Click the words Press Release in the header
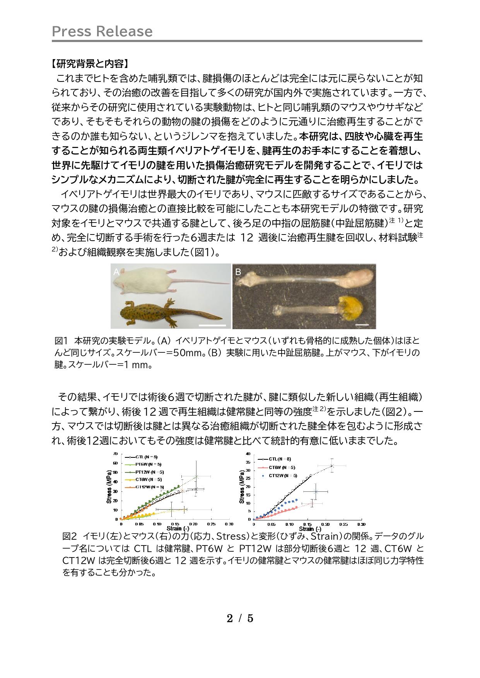(102, 31)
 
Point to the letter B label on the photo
(238, 272)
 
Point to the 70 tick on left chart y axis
(116, 454)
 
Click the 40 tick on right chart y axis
(248, 454)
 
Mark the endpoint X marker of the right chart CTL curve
(331, 466)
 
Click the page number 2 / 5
(240, 619)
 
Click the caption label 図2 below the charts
(70, 537)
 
